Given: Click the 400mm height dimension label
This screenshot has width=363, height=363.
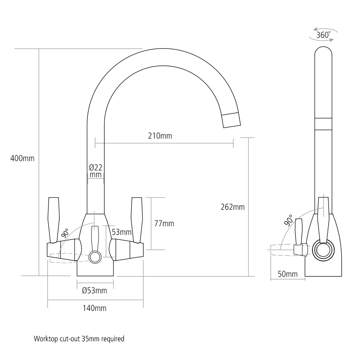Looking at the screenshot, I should [x=22, y=158].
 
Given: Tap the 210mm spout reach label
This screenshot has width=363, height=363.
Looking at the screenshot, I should [x=160, y=136].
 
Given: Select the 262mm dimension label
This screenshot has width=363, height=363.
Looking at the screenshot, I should [x=232, y=207].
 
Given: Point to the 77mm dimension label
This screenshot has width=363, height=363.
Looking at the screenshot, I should [x=164, y=224].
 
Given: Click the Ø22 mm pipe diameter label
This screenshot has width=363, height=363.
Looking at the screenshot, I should [x=96, y=171].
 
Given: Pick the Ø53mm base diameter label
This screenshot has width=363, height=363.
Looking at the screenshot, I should [x=94, y=290].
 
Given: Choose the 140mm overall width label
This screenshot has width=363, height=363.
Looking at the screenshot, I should [x=95, y=308].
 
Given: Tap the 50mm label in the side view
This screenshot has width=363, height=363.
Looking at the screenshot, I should [x=287, y=274].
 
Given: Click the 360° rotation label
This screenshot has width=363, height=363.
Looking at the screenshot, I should [x=323, y=35].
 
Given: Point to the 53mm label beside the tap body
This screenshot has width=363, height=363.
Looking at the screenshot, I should [x=121, y=232].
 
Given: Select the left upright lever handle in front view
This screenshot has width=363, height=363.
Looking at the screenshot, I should [x=54, y=219].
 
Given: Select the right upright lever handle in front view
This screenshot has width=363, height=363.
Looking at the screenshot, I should [x=136, y=219].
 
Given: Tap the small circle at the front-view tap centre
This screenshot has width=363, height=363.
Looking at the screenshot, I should [x=95, y=257].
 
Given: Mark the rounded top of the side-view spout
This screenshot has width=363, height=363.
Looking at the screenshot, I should [x=323, y=52].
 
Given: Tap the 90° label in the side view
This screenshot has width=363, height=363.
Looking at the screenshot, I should [x=288, y=220].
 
